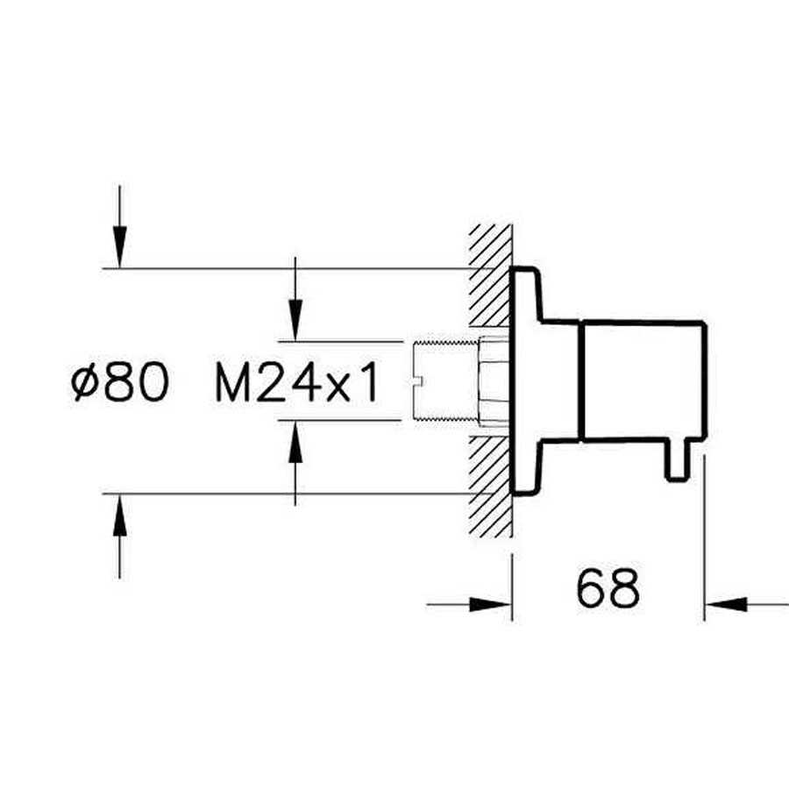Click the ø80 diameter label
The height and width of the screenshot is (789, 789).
pyautogui.click(x=120, y=383)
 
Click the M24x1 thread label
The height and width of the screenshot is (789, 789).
pyautogui.click(x=297, y=384)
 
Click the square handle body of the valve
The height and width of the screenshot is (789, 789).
pyautogui.click(x=643, y=380)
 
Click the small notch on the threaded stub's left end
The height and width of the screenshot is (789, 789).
pyautogui.click(x=418, y=380)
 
